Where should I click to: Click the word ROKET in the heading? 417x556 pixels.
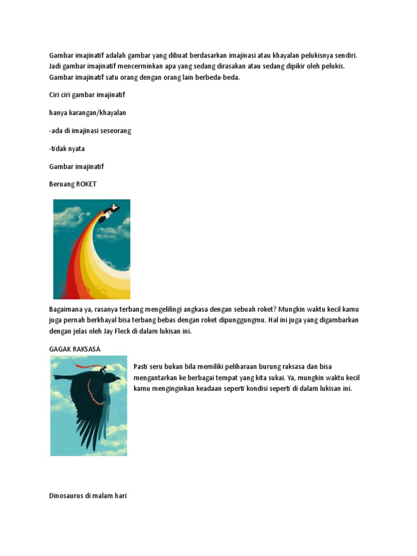point(86,184)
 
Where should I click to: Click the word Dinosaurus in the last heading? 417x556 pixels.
point(66,496)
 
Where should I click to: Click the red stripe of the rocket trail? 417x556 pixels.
point(70,271)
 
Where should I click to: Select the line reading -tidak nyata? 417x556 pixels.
point(67,148)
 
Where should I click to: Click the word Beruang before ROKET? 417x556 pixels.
point(61,184)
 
